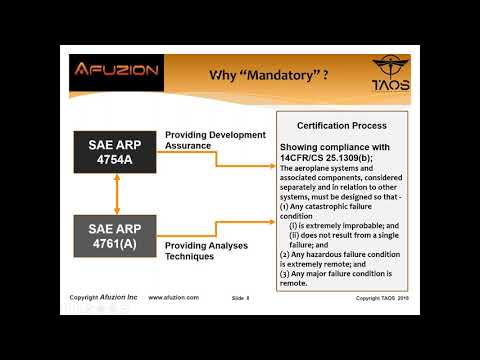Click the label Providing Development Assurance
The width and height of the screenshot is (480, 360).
point(215,139)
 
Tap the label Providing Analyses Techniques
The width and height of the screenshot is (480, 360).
point(204,251)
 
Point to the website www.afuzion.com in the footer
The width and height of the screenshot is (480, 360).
point(173,297)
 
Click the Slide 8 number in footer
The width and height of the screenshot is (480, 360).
point(240,298)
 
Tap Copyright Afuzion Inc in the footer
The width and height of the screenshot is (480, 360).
point(104,297)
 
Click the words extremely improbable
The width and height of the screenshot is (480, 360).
point(345,227)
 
